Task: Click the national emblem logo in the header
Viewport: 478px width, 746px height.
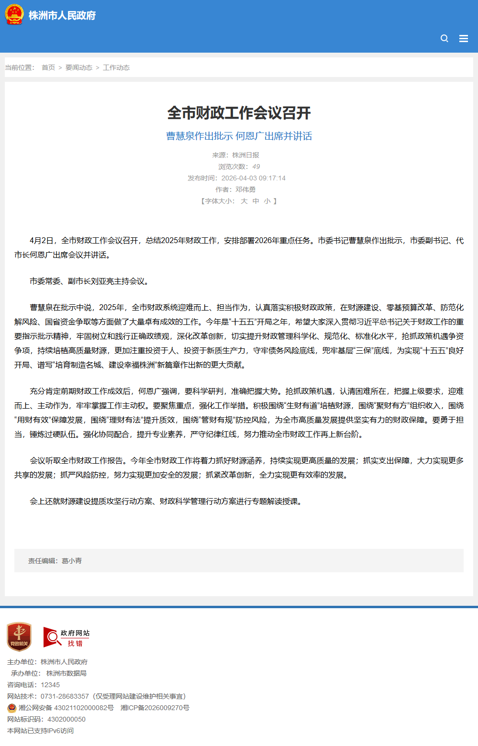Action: coord(14,15)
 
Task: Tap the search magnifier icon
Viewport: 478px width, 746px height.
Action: coord(445,38)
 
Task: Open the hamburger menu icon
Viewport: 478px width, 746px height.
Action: coord(463,38)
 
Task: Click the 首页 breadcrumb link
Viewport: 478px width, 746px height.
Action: coord(48,67)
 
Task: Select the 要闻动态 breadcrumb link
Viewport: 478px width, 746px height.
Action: coord(79,67)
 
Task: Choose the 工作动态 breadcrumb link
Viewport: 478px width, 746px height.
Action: coord(116,67)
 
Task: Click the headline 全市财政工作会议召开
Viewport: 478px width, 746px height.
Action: coord(239,113)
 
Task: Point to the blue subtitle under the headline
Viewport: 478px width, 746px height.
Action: coord(239,136)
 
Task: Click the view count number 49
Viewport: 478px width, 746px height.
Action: coord(256,167)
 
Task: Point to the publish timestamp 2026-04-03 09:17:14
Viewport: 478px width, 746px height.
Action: coord(253,178)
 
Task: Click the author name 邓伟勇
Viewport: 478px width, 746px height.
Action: coord(245,189)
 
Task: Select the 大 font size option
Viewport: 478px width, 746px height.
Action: coord(244,201)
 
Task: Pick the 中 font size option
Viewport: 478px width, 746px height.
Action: coord(256,201)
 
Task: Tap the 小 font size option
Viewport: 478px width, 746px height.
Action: coord(267,201)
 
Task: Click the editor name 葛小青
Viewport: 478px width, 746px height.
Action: coord(72,561)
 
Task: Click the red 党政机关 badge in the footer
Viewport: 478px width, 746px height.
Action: coord(19,637)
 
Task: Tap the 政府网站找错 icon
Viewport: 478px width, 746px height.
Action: coord(67,638)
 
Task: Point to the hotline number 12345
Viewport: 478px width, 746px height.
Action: coord(50,685)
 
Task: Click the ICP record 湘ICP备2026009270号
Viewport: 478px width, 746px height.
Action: coord(155,708)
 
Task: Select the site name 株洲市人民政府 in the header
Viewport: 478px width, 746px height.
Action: coord(62,15)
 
